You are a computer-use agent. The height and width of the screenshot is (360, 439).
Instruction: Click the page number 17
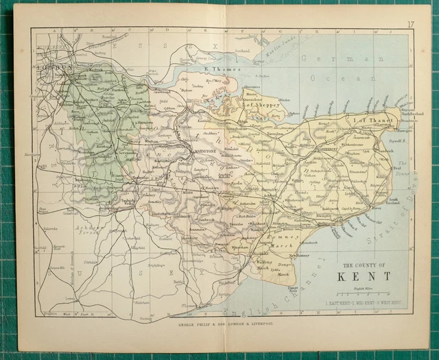tap(410, 25)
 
